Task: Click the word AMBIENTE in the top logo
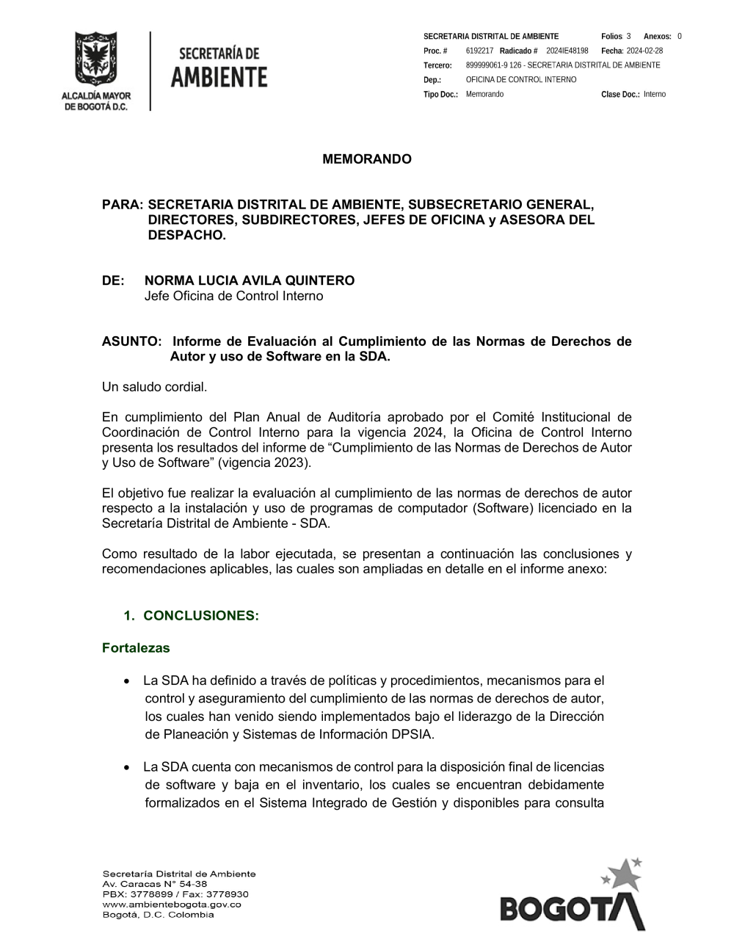(219, 76)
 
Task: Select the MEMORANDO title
(367, 159)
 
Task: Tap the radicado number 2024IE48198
(567, 51)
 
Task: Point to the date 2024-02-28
(644, 51)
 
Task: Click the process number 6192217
(479, 51)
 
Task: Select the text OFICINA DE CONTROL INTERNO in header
(521, 79)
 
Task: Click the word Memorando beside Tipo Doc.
(484, 94)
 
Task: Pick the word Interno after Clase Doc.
(655, 94)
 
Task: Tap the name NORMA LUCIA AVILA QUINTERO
(250, 280)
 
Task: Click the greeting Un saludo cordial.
(155, 386)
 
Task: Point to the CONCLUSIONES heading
(201, 615)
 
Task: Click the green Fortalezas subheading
(136, 648)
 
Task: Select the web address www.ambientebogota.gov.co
(172, 904)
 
